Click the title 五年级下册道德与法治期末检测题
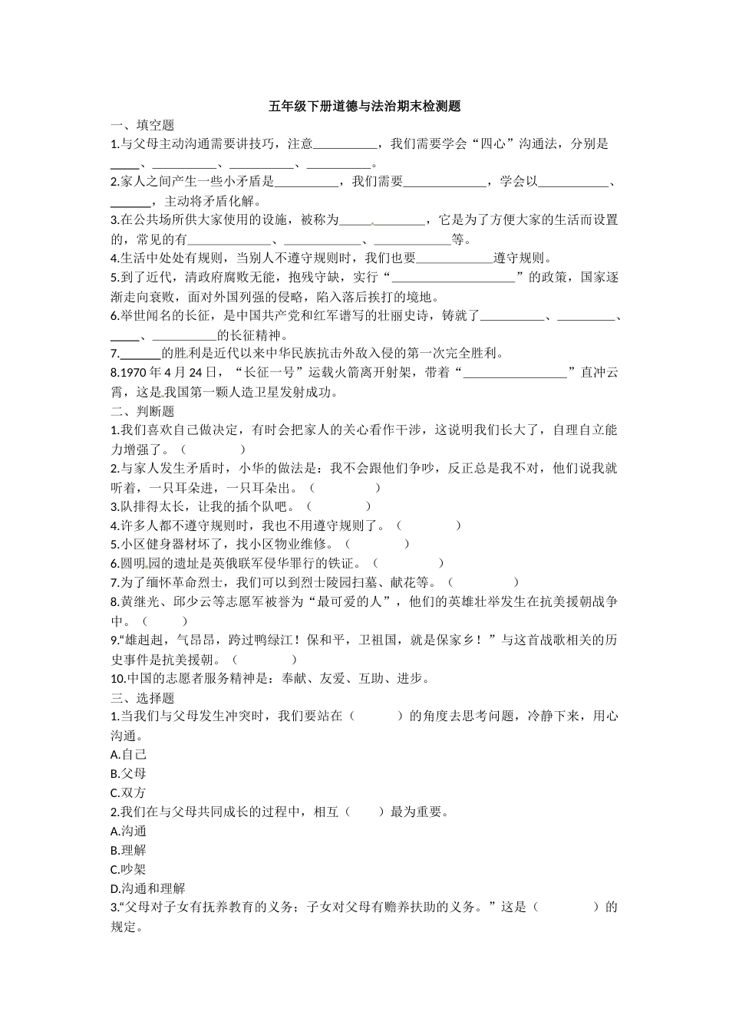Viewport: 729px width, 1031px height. coord(364,107)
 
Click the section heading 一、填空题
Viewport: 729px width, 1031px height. coord(143,125)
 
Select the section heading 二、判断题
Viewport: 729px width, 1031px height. coord(143,411)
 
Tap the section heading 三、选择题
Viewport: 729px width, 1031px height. coord(143,697)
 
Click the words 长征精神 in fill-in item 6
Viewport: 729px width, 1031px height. coord(260,335)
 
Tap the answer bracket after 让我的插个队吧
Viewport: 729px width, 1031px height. coord(338,506)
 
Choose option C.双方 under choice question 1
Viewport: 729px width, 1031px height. coord(128,793)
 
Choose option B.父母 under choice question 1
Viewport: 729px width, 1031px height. coord(128,774)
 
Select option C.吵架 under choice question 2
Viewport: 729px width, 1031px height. coord(128,869)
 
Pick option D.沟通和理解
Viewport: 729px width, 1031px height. coord(147,888)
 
